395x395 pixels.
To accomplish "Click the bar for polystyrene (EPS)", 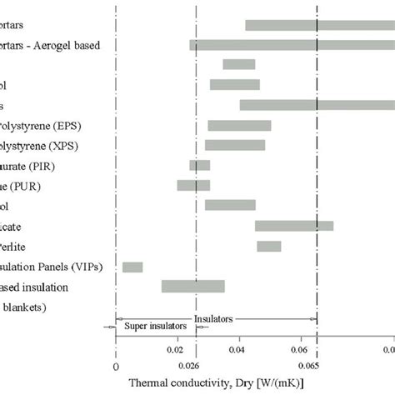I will coord(239,126).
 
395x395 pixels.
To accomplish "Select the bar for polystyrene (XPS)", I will coord(235,145).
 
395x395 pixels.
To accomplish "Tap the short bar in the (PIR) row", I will coord(199,165).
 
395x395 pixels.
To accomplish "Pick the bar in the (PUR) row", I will coord(193,185).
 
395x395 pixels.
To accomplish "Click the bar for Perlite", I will coord(268,246).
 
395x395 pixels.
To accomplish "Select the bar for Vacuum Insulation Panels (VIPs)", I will coord(132,267).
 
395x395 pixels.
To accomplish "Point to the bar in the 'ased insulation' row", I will coord(192,287).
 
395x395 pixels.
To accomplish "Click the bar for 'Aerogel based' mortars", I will coord(292,45).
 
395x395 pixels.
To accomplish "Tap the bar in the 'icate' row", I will coord(293,226).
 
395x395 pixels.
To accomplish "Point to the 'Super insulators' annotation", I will coord(150,327).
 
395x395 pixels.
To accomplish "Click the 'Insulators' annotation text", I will coord(214,317).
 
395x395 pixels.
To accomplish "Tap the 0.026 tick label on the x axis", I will coord(191,365).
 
